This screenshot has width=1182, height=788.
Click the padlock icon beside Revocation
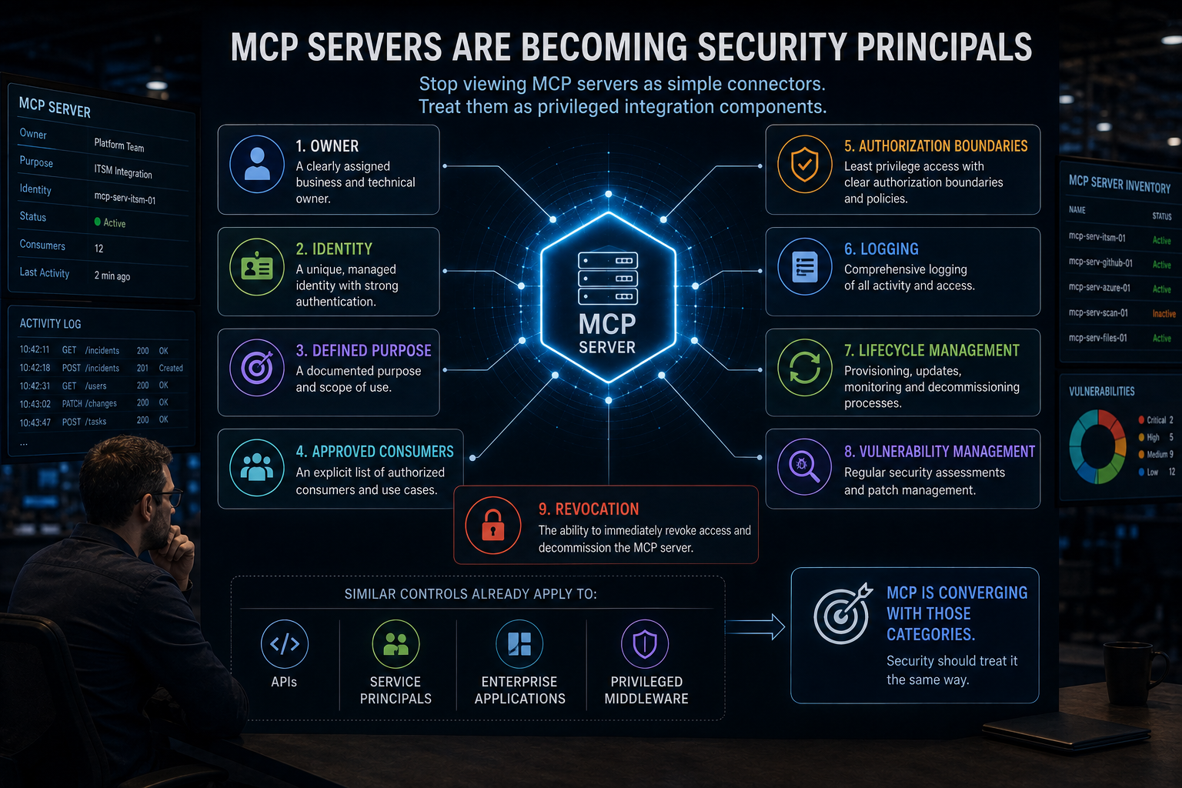point(492,525)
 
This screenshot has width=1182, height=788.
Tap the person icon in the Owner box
point(257,164)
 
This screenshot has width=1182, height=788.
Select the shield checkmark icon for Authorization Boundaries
point(804,164)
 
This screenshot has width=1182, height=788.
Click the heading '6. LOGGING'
point(881,249)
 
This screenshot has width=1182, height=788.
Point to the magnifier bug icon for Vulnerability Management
point(803,467)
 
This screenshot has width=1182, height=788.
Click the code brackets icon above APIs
point(285,644)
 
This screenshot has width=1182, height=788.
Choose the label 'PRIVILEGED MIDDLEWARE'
point(646,689)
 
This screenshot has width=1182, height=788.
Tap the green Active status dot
point(97,222)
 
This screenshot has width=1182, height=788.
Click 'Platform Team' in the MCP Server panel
point(119,145)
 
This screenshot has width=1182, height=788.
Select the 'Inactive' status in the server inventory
point(1164,313)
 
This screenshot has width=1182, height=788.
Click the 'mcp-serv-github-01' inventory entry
point(1100,262)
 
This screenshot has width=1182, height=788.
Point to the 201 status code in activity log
point(142,368)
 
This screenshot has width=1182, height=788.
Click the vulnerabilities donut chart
point(1097,446)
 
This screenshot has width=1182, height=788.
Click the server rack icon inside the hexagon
point(608,278)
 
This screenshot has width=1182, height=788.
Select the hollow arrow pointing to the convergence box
point(755,627)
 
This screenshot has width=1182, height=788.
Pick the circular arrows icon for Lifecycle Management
point(804,367)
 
